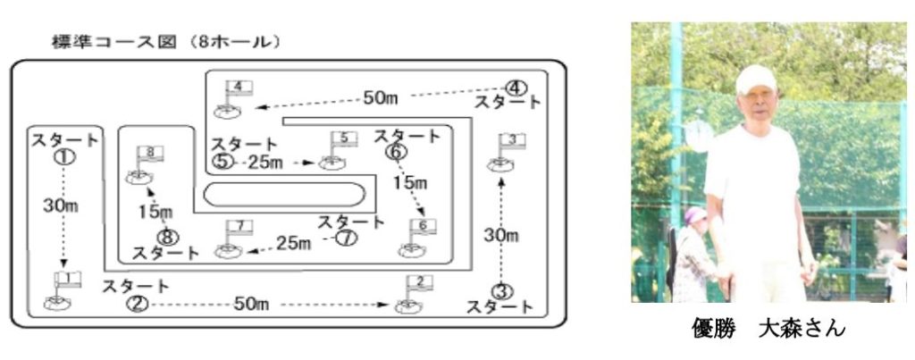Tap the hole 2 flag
point(422,283)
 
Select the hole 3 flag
point(511,140)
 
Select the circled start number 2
point(138,304)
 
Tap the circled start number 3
point(502,291)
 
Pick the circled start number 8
point(164,237)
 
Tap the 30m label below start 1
point(62,204)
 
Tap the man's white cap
point(756,78)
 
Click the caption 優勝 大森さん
point(768,330)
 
